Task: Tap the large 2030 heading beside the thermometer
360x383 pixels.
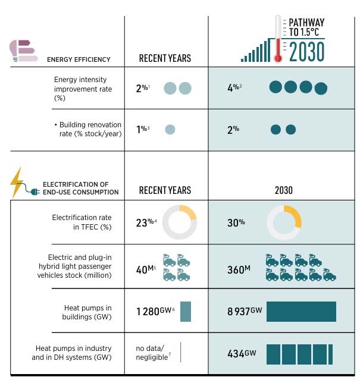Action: (x=307, y=52)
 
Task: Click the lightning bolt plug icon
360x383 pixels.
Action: (x=18, y=182)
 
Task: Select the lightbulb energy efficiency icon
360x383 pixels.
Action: (x=23, y=51)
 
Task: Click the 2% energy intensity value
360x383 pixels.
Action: (x=143, y=89)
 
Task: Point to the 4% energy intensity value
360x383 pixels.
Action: (x=234, y=88)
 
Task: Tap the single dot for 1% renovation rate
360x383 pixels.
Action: (x=170, y=129)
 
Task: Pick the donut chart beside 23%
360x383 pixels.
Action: (x=179, y=223)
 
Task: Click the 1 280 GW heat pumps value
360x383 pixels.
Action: (x=154, y=310)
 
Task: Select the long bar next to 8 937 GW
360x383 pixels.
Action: (x=301, y=312)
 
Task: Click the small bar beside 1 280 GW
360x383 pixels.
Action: (x=185, y=312)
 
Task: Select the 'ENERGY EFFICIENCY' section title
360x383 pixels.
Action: (x=79, y=59)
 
